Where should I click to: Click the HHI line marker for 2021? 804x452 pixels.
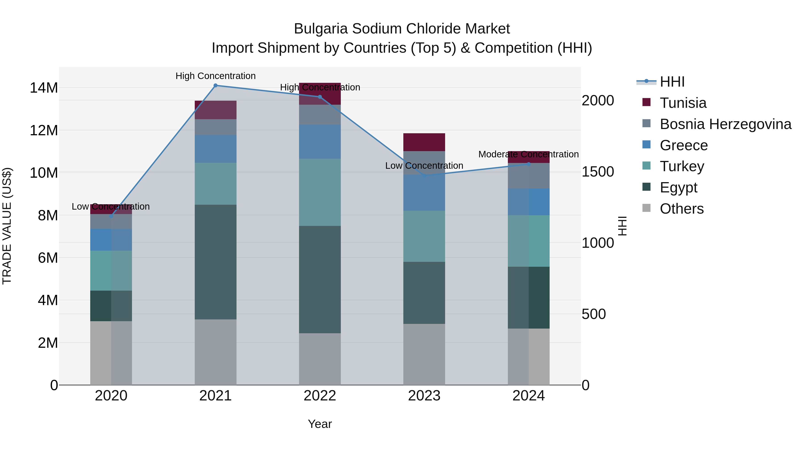215,85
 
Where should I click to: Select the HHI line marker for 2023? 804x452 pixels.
424,176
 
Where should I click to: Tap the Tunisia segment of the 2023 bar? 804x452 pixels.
424,142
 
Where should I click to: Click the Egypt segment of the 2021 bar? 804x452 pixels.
215,262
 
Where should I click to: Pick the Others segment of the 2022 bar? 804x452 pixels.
320,359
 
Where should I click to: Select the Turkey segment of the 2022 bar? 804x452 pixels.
320,192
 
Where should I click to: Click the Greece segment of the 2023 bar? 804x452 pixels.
424,193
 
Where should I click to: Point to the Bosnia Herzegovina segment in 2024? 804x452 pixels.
528,176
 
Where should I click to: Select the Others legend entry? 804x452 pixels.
681,209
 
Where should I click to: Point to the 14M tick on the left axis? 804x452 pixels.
44,88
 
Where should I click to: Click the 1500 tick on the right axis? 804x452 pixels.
597,172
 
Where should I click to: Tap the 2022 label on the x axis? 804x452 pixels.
320,396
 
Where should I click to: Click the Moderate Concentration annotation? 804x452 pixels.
528,154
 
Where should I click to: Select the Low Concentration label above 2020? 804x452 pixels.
111,206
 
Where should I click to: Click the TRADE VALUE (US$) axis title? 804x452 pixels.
7,226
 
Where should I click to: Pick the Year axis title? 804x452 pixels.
320,424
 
